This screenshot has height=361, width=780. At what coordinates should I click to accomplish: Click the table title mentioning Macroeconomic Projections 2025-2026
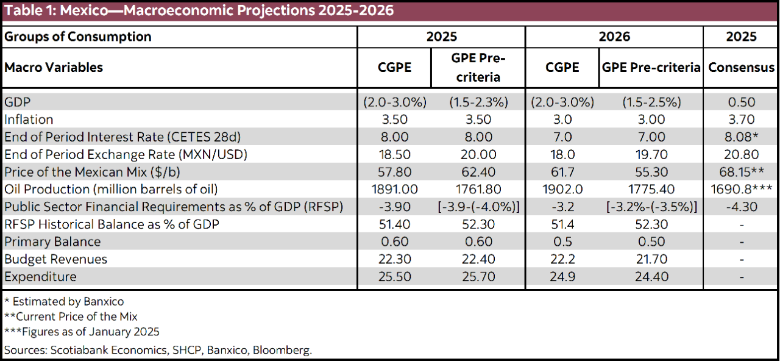click(x=199, y=10)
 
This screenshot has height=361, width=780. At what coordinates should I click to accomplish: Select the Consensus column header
click(x=741, y=68)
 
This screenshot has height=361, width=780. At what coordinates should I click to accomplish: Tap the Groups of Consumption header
click(x=78, y=37)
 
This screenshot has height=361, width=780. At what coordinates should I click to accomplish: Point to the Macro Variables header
click(x=54, y=68)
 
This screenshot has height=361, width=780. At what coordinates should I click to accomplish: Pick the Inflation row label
click(x=29, y=120)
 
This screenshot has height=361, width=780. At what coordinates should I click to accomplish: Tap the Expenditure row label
click(x=40, y=277)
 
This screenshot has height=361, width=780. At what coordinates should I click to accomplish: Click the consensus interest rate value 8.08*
click(x=741, y=137)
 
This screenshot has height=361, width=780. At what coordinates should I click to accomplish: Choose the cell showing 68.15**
click(x=741, y=172)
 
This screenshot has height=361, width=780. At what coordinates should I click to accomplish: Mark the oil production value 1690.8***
click(x=741, y=189)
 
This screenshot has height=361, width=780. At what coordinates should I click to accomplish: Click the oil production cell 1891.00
click(x=394, y=189)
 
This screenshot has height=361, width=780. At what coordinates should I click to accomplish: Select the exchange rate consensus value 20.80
click(x=741, y=154)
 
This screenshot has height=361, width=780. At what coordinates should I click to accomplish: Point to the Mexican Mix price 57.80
click(x=394, y=172)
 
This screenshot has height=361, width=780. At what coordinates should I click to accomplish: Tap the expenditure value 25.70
click(x=478, y=277)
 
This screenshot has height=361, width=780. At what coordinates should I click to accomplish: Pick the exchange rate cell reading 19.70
click(x=651, y=154)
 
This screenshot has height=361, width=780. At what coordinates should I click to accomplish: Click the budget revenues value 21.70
click(x=651, y=259)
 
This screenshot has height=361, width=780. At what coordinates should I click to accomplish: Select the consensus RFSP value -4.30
click(x=741, y=207)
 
